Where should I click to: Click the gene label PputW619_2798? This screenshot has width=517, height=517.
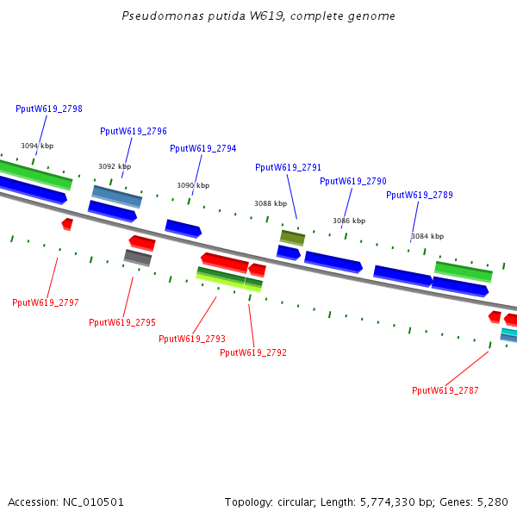49,109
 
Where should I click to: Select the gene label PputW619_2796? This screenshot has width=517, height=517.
134,132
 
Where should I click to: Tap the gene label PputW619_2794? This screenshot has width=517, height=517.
203,149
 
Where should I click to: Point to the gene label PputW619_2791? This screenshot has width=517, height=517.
289,168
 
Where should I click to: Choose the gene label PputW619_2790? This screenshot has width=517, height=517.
353,182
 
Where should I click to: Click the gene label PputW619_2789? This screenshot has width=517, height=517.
420,196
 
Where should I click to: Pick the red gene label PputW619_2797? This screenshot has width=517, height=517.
46,303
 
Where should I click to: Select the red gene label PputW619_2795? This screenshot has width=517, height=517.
122,323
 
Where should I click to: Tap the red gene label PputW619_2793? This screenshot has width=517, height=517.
192,339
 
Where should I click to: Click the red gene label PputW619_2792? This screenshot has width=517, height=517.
253,353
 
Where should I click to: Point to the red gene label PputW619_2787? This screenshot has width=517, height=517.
445,391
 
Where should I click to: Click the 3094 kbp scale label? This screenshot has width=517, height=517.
37,146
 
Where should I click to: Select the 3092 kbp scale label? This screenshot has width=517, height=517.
115,167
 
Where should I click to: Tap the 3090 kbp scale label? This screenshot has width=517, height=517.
193,186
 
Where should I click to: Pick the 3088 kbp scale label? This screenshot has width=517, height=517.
271,204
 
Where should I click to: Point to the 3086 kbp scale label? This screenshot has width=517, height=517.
349,221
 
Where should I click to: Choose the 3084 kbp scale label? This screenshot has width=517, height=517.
427,237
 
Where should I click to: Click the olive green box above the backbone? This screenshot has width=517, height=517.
293,237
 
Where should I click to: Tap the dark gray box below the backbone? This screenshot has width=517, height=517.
138,257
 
